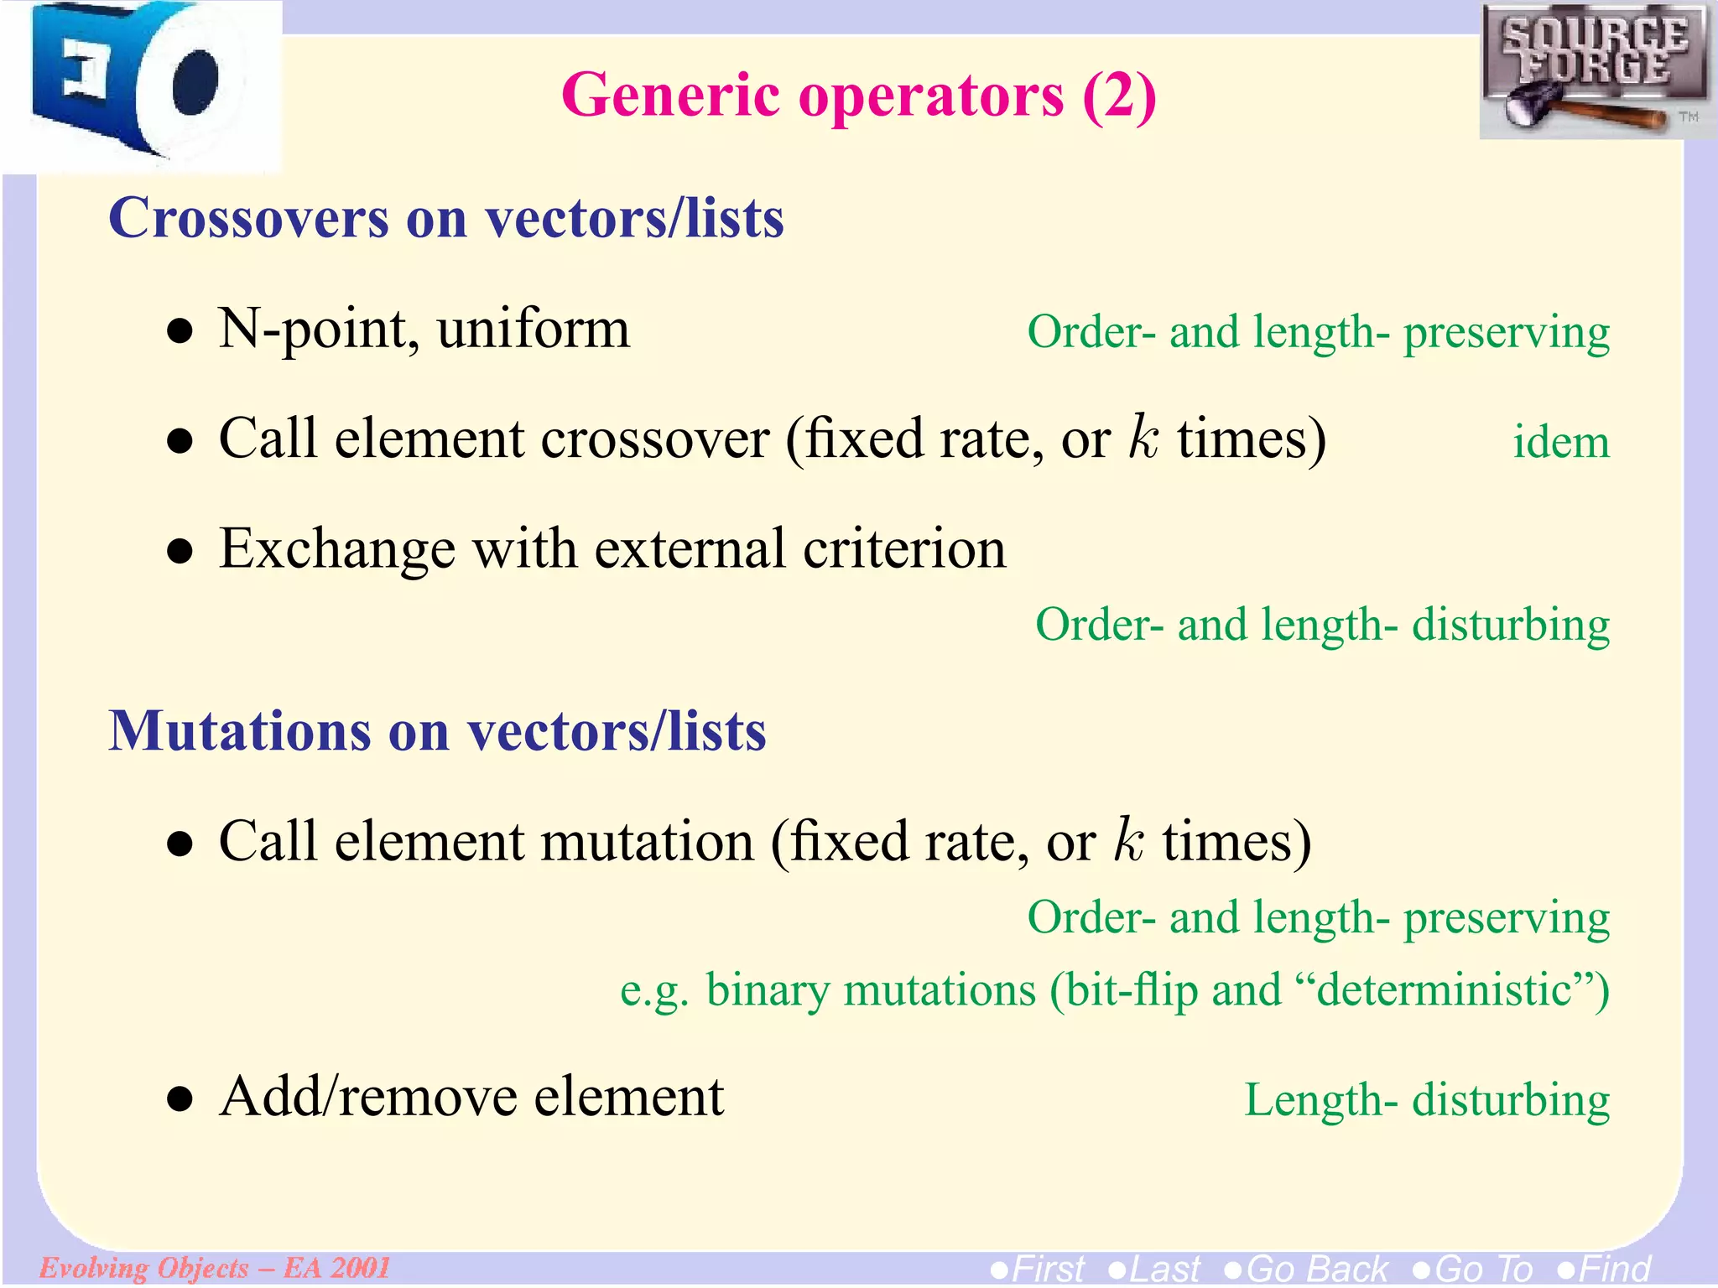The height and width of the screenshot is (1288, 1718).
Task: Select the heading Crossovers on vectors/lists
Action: [x=446, y=218]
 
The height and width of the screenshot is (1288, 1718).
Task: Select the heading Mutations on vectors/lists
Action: [x=437, y=731]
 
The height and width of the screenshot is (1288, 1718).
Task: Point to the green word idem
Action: [x=1560, y=443]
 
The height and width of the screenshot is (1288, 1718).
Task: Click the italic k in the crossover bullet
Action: [x=1143, y=438]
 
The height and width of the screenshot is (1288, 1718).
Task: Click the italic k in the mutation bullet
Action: [x=1128, y=841]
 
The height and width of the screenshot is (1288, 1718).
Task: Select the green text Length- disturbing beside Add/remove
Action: [x=1426, y=1100]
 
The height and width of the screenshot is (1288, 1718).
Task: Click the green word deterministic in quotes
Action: [x=1444, y=990]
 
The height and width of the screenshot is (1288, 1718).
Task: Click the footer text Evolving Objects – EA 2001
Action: [x=215, y=1267]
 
